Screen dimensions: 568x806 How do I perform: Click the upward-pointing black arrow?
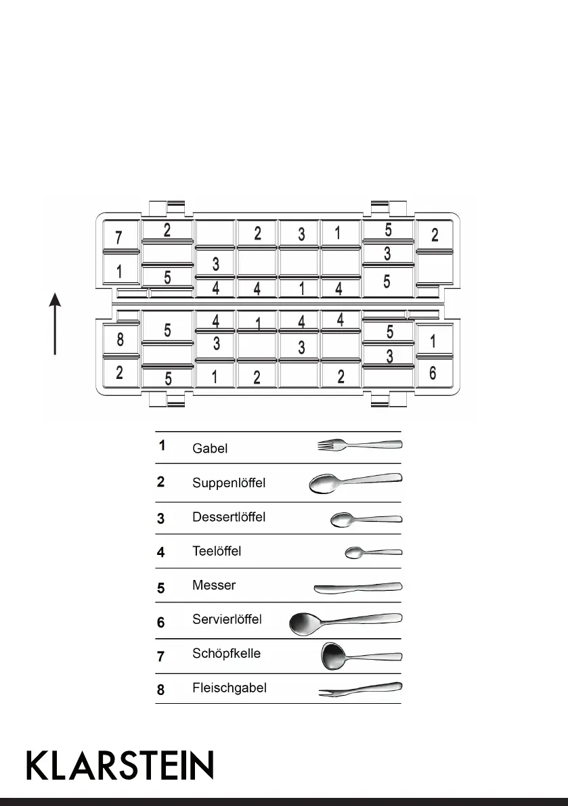point(55,323)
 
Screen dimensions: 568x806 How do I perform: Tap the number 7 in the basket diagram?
point(118,238)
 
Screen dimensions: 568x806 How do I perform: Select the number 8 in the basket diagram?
point(120,340)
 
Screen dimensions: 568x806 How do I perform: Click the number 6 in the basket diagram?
point(433,373)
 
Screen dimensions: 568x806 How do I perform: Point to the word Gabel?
point(210,448)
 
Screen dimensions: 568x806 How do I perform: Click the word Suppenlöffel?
point(229,483)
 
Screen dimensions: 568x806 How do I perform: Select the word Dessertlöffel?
point(229,517)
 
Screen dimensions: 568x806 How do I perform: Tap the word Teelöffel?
point(217,551)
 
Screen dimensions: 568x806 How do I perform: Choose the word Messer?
point(214,585)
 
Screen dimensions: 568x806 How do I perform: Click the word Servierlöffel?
point(227,620)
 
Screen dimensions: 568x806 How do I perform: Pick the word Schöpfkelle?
point(226,654)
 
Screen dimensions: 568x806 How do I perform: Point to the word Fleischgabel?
point(230,688)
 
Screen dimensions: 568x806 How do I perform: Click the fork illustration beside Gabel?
point(359,445)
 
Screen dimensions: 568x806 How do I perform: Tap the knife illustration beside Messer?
point(358,587)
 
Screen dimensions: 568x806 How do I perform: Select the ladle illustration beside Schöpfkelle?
point(360,656)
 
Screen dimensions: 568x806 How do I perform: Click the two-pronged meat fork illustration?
point(361,689)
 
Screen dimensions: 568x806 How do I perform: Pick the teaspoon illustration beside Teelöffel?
point(373,553)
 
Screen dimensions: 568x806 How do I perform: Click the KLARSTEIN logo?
point(120,765)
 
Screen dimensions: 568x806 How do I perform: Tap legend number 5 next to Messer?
point(161,587)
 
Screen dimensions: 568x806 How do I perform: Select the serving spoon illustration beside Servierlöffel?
point(345,622)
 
